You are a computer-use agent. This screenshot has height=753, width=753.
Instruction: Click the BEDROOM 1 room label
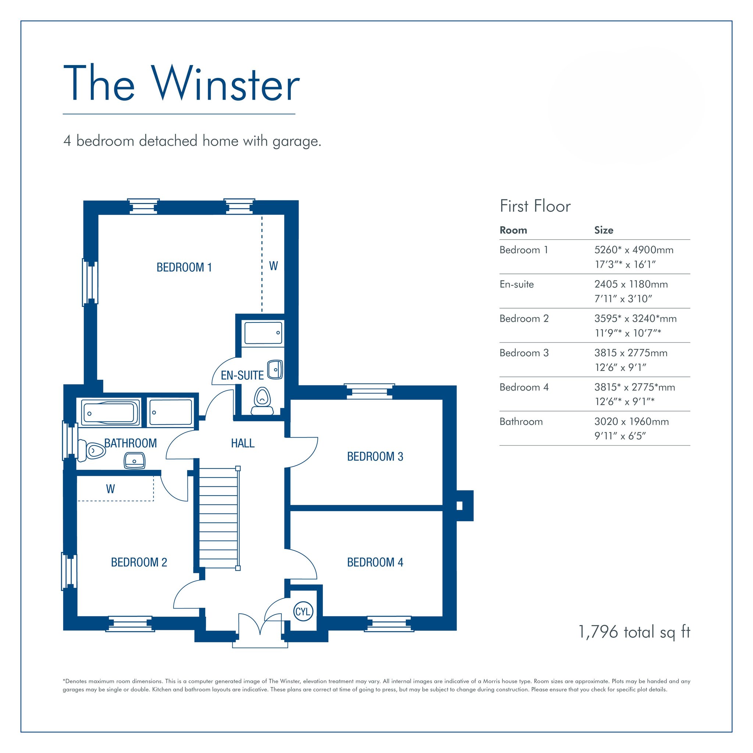184,267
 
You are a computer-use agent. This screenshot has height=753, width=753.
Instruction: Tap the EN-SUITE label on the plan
242,375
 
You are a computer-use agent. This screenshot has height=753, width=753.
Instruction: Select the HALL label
242,443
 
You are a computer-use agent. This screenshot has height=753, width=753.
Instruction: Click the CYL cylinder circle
303,611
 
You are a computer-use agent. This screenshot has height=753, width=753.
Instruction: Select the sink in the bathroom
135,460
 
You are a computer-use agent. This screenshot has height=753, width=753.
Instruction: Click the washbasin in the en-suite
275,370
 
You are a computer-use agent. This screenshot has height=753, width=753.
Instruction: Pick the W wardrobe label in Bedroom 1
274,266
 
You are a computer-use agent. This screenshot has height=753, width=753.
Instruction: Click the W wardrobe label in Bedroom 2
111,489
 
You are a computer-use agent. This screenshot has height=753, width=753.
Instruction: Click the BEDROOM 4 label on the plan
375,563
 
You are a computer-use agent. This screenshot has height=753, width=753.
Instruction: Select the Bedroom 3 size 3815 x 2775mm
631,353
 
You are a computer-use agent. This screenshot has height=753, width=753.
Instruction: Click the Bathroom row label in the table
521,421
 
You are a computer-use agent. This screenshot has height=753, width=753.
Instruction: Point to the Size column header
604,230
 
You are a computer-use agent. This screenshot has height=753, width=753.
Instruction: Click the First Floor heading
535,206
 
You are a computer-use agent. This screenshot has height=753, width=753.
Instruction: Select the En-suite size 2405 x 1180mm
631,284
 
